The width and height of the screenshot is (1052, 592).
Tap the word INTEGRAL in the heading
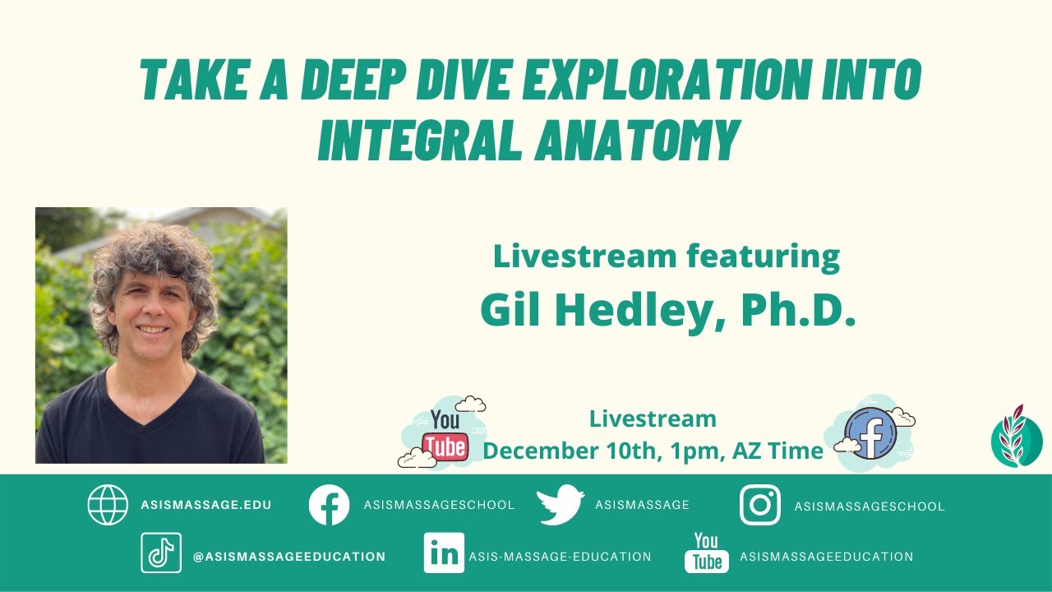click(418, 140)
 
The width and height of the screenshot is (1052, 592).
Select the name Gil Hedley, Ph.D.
click(667, 308)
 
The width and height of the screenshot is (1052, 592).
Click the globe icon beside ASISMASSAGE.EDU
click(108, 505)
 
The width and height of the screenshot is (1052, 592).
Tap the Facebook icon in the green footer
click(329, 505)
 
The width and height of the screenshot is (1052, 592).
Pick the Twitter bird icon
click(561, 505)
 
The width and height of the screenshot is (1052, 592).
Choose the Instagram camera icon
click(759, 505)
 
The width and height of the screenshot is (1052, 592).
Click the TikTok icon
click(160, 553)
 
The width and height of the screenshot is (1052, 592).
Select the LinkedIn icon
click(444, 553)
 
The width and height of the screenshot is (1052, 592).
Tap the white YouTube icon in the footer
click(706, 553)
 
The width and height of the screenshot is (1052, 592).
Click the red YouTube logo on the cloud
click(445, 436)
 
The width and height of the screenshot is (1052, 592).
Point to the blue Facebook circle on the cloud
click(871, 432)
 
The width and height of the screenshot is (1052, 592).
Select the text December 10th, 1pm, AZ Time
click(653, 451)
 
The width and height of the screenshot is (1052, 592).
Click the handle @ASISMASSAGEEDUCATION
click(288, 557)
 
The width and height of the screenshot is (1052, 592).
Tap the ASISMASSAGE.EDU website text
click(205, 505)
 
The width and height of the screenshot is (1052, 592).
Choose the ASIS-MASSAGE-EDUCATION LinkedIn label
click(560, 557)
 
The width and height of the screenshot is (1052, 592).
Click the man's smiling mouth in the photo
click(152, 330)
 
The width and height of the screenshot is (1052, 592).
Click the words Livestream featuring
click(666, 257)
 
